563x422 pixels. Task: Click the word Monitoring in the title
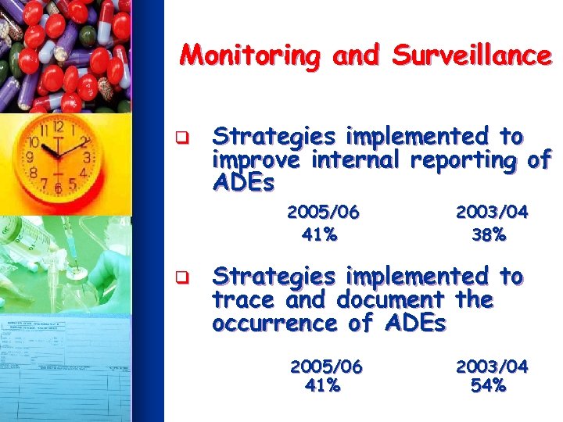[249, 56]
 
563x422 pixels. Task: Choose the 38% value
[489, 234]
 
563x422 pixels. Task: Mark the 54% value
[489, 385]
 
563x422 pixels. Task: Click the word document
[393, 300]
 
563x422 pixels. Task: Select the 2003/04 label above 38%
[492, 212]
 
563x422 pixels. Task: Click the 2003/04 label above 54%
[492, 366]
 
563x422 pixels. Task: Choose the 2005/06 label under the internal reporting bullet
[323, 212]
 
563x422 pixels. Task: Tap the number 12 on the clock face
[58, 125]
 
